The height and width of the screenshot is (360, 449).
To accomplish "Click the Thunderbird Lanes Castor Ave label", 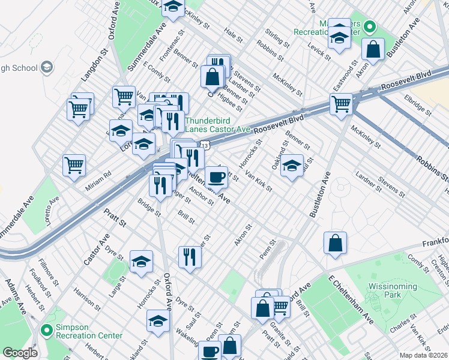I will point(217,124).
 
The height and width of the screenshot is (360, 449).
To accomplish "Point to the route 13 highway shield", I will point(205,146).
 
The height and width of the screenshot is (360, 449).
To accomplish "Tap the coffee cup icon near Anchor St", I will point(216,176).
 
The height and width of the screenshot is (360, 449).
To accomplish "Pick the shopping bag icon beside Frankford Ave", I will point(336,242).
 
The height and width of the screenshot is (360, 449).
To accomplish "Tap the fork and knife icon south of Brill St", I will point(190,256).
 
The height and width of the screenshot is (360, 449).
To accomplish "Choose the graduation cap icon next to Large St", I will point(142,261).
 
